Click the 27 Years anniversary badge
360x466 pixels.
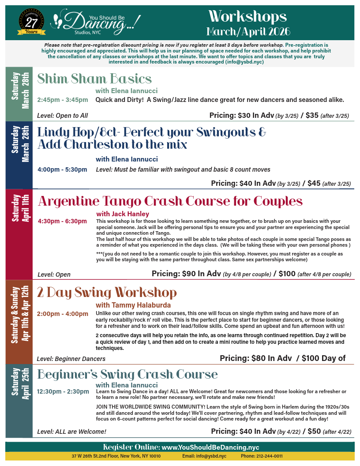pyautogui.click(x=31, y=22)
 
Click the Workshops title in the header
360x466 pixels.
pyautogui.click(x=247, y=17)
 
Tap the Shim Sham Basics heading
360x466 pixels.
pyautogui.click(x=94, y=79)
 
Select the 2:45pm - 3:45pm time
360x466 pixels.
pyautogui.click(x=62, y=100)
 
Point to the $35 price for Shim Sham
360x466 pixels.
pyautogui.click(x=312, y=116)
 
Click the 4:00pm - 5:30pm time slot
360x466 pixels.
pyautogui.click(x=62, y=169)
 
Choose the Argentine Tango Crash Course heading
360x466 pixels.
pyautogui.click(x=170, y=201)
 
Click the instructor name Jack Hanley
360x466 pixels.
pyautogui.click(x=123, y=214)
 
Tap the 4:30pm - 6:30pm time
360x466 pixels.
pyautogui.click(x=62, y=221)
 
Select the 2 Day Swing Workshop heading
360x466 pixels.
pyautogui.click(x=107, y=293)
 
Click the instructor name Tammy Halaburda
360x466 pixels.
pyautogui.click(x=133, y=305)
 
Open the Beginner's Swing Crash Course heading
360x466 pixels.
pyautogui.click(x=127, y=375)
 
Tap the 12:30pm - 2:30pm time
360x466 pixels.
pyautogui.click(x=63, y=391)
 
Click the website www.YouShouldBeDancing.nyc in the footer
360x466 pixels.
pyautogui.click(x=210, y=447)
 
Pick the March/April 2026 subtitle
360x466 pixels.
pyautogui.click(x=248, y=31)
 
